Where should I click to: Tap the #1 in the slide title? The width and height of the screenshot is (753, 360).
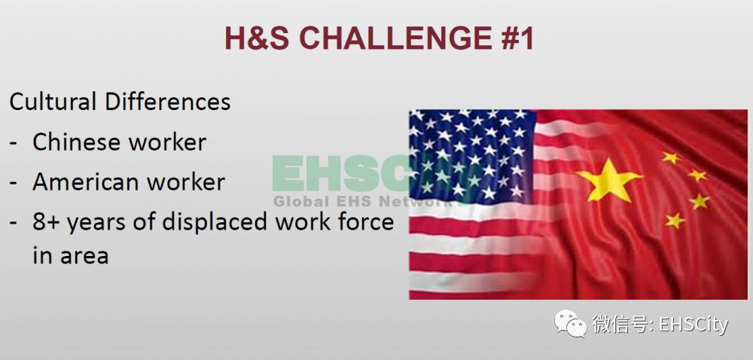coord(515,38)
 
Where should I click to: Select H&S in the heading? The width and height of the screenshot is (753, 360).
coord(257,38)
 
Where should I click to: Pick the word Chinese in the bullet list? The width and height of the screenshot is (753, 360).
coord(76,142)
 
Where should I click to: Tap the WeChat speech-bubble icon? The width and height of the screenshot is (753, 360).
coord(571,323)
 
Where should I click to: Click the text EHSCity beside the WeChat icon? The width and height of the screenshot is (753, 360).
coord(694,325)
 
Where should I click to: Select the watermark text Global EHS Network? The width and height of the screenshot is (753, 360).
coord(363,201)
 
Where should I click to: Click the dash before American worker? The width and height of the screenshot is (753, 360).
coord(14,183)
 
